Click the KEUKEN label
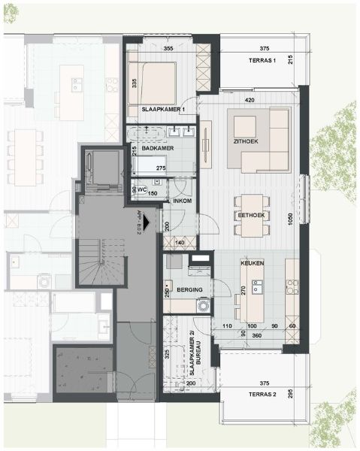(x=250, y=265)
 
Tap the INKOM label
(x=183, y=201)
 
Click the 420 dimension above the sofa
(x=251, y=99)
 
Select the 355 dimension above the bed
(x=168, y=49)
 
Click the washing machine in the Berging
(x=201, y=306)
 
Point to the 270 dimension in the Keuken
(x=242, y=290)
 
